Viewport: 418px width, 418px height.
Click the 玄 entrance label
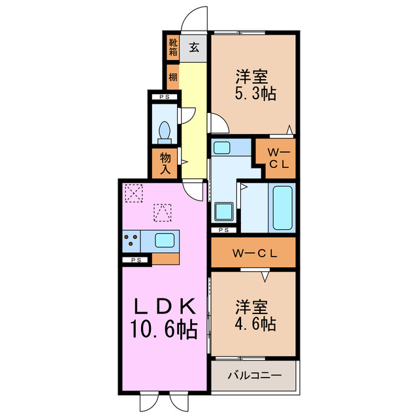pyautogui.click(x=194, y=46)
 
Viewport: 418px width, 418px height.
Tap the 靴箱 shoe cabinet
pyautogui.click(x=172, y=46)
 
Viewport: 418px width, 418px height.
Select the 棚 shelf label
pyautogui.click(x=172, y=77)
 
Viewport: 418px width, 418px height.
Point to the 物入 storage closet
pyautogui.click(x=165, y=163)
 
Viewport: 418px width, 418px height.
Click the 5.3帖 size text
pyautogui.click(x=255, y=93)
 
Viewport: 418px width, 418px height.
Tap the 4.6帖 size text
pyautogui.click(x=255, y=323)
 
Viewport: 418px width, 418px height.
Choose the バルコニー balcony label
pyautogui.click(x=254, y=376)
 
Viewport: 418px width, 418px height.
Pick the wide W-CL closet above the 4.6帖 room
pyautogui.click(x=253, y=252)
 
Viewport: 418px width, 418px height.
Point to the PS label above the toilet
pyautogui.click(x=164, y=98)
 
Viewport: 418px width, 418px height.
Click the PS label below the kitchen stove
pyautogui.click(x=135, y=260)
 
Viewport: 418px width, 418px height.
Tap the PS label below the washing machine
pyautogui.click(x=223, y=230)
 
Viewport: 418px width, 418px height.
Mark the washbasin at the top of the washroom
pyautogui.click(x=223, y=148)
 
